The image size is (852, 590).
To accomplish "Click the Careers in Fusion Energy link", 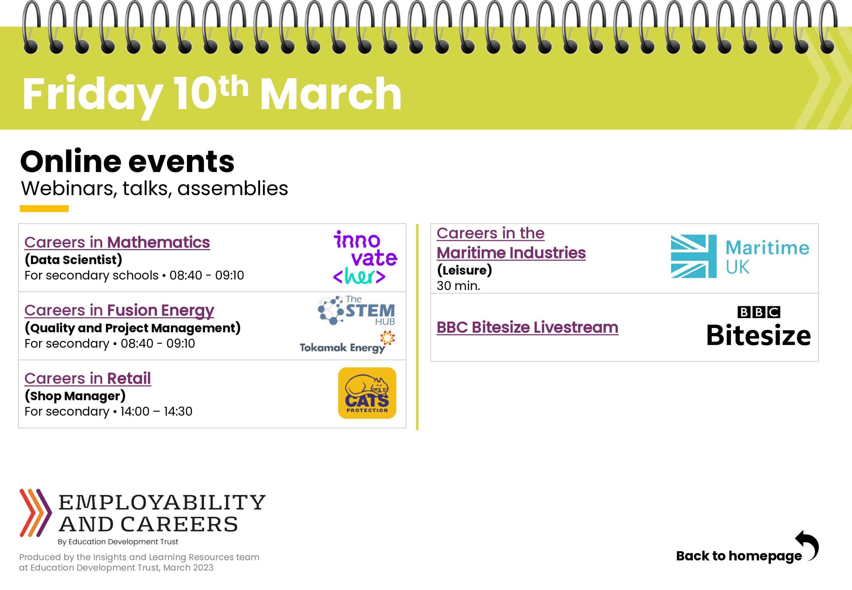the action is (x=119, y=310).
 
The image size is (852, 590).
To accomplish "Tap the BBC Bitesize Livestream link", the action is (x=527, y=328).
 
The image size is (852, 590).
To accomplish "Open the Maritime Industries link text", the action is (x=511, y=253).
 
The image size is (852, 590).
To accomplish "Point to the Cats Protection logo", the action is (x=367, y=393).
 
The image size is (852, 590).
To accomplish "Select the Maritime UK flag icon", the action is (x=694, y=256).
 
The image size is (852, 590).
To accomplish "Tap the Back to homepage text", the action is (x=739, y=556).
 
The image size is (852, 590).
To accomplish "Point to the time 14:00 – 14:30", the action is (x=156, y=411).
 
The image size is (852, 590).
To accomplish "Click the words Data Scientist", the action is (x=73, y=260).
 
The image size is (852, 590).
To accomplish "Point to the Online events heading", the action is (x=128, y=162).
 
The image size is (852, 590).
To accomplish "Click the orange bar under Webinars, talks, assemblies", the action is (x=44, y=209).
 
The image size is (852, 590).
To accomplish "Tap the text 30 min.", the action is (x=458, y=286).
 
